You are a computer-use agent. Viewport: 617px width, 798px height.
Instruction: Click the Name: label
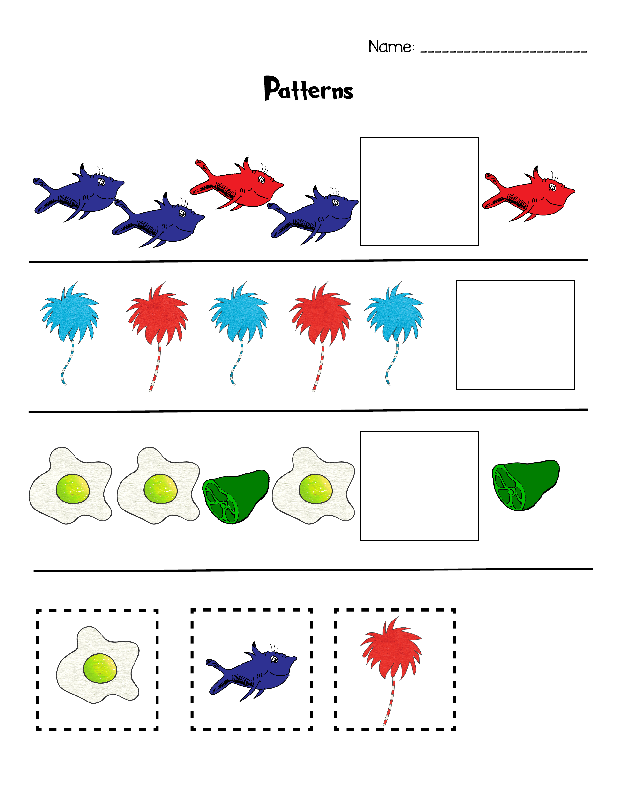pyautogui.click(x=391, y=47)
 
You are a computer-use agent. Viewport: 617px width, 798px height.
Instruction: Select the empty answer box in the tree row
pyautogui.click(x=515, y=335)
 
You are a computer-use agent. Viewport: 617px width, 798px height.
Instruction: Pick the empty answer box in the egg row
pyautogui.click(x=419, y=486)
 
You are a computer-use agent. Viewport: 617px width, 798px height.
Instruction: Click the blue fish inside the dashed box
pyautogui.click(x=252, y=671)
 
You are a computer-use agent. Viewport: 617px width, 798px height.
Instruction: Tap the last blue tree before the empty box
pyautogui.click(x=394, y=314)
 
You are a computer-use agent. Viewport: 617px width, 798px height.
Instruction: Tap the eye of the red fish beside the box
pyautogui.click(x=553, y=187)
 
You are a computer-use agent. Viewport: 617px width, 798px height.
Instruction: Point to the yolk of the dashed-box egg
pyautogui.click(x=100, y=668)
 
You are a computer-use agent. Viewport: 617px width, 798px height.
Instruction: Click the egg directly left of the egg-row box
pyautogui.click(x=314, y=486)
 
